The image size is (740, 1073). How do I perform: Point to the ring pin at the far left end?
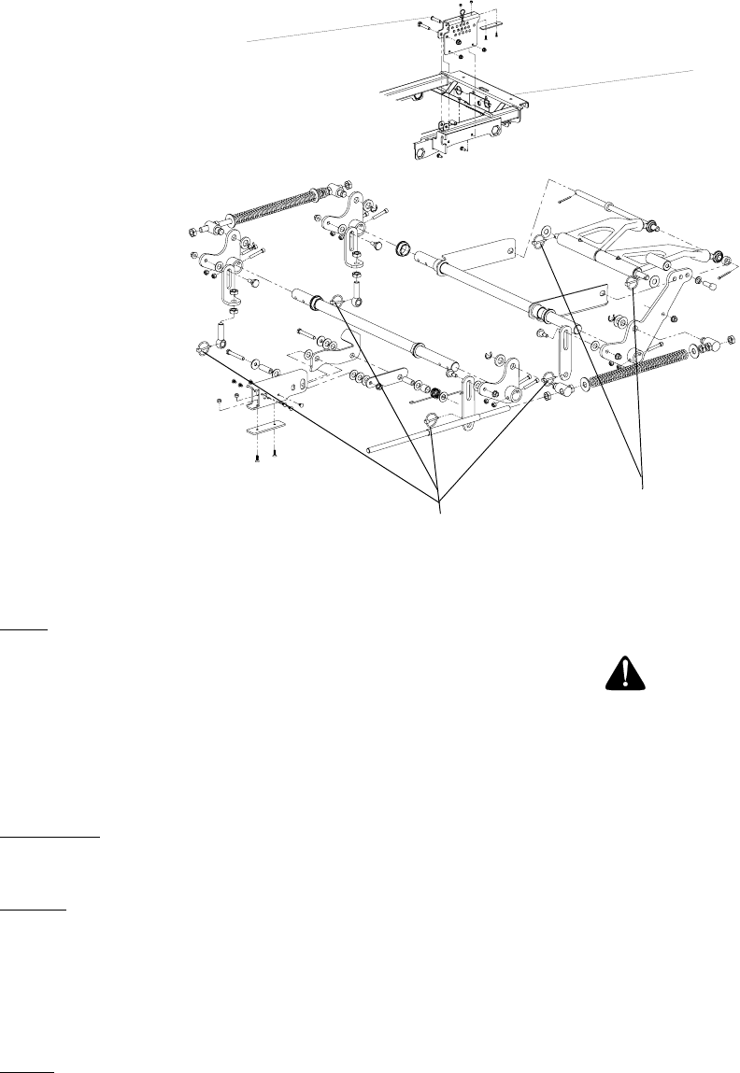coord(203,349)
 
